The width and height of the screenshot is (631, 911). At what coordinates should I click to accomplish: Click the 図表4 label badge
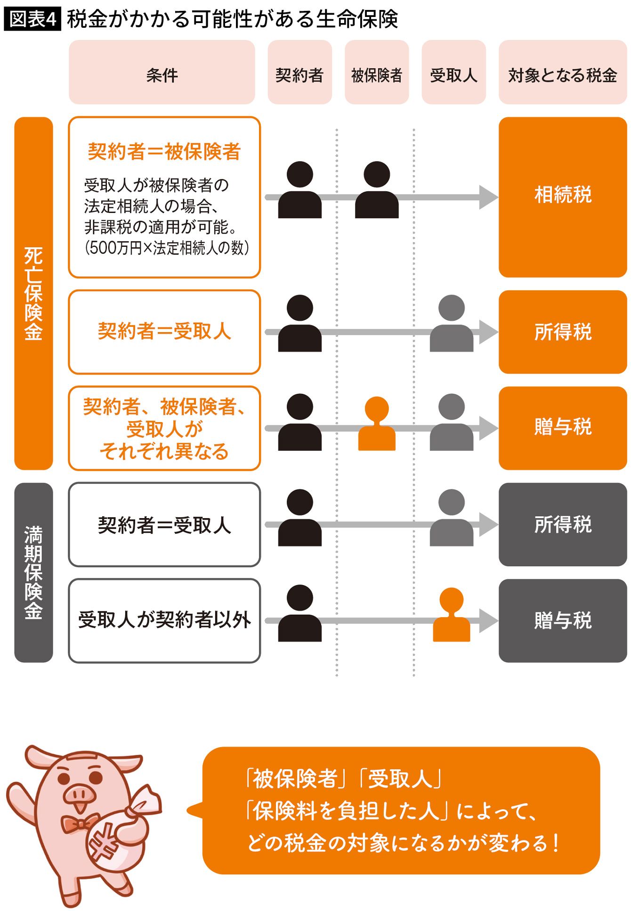pos(32,19)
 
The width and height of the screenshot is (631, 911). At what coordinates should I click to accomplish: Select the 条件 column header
pos(162,73)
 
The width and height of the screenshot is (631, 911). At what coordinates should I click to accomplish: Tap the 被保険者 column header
pos(376,73)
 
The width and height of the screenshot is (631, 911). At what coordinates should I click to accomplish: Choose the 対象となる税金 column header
pos(562,73)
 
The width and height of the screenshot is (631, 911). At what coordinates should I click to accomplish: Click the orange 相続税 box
pos(562,196)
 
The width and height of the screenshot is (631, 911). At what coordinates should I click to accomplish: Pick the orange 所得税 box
pos(562,332)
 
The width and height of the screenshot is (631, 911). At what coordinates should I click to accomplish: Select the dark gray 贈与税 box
pos(562,620)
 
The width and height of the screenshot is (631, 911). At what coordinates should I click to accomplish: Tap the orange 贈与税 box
pos(562,428)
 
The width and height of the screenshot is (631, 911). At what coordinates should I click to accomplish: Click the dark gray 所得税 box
pos(562,524)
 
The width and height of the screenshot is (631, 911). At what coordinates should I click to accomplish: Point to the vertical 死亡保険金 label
pos(33,293)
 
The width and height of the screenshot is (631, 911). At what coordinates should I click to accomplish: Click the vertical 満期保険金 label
pos(33,572)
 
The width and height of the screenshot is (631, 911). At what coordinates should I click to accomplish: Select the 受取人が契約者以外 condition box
pos(164,620)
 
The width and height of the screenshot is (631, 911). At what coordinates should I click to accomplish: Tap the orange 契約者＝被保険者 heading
pos(164,152)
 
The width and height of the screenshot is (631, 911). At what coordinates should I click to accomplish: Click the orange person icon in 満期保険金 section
pos(451,615)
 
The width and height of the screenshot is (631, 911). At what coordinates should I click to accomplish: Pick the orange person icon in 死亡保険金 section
pos(377,424)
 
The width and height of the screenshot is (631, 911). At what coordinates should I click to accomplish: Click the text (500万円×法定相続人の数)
pos(166,248)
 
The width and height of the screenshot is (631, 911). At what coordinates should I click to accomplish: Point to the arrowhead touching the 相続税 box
pos(488,197)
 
